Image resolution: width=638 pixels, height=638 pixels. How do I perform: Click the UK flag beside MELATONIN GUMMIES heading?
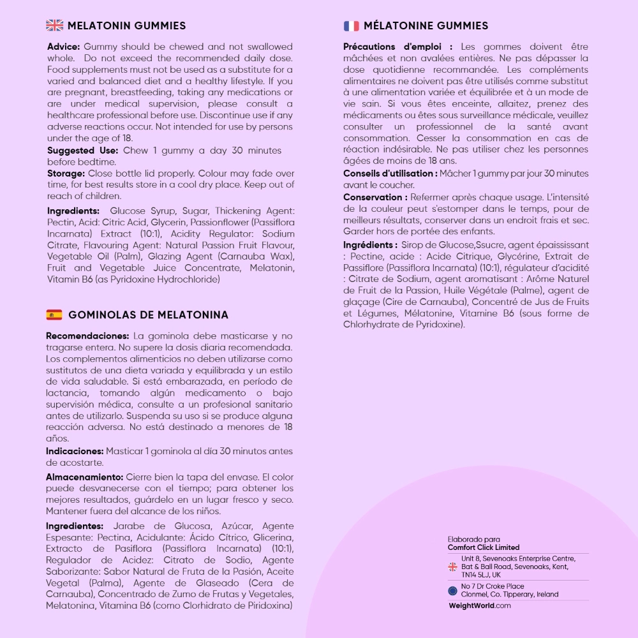click(x=55, y=26)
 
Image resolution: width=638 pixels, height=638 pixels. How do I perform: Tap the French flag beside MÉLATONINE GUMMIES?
click(x=352, y=26)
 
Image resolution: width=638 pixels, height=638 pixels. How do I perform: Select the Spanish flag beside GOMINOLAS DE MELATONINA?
click(x=54, y=315)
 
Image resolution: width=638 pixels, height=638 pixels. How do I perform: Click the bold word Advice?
click(x=63, y=47)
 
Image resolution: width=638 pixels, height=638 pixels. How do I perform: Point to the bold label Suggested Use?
click(x=82, y=151)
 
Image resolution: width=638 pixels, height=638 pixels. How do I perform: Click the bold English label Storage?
click(x=66, y=174)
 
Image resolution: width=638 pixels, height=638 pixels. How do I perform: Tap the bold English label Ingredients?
click(x=73, y=211)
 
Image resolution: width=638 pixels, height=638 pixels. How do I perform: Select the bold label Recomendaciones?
click(x=87, y=336)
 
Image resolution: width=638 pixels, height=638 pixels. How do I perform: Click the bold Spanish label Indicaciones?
click(x=75, y=451)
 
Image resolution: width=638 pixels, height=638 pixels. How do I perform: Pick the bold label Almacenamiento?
click(x=84, y=477)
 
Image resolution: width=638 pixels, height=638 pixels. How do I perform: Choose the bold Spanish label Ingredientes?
click(x=75, y=526)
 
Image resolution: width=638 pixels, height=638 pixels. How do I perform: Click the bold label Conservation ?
click(x=375, y=197)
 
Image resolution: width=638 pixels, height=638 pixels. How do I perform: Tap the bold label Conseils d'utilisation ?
click(x=390, y=174)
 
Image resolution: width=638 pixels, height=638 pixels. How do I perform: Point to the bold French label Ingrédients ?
click(x=370, y=245)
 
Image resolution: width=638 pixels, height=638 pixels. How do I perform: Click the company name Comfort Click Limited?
click(x=484, y=547)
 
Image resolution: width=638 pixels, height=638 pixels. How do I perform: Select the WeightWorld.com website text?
click(x=480, y=605)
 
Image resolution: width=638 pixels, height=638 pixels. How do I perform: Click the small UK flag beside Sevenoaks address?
click(x=453, y=567)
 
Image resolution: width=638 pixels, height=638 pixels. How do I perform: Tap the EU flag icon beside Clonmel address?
click(x=453, y=590)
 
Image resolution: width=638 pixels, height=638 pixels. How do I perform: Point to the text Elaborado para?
click(x=474, y=539)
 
